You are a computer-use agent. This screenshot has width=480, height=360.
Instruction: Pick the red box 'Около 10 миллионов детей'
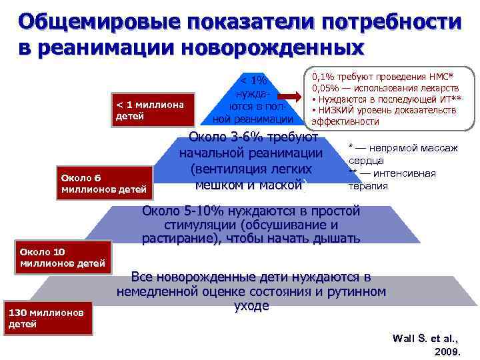coord(62,257)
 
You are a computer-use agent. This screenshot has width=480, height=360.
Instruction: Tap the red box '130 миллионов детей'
coord(46,318)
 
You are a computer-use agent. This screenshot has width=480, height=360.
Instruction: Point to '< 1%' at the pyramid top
coord(253,79)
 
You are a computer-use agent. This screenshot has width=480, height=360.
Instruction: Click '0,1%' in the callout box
coord(324,79)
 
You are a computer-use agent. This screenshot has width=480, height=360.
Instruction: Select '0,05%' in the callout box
coord(327,89)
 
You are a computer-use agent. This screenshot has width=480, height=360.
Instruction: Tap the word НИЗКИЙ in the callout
coord(337,111)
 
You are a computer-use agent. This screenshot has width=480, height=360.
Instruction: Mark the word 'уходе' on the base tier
coord(251,306)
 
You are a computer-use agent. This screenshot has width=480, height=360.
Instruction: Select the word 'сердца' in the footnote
coord(365,161)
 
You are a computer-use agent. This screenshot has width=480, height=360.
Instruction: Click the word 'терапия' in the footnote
coord(368,186)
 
